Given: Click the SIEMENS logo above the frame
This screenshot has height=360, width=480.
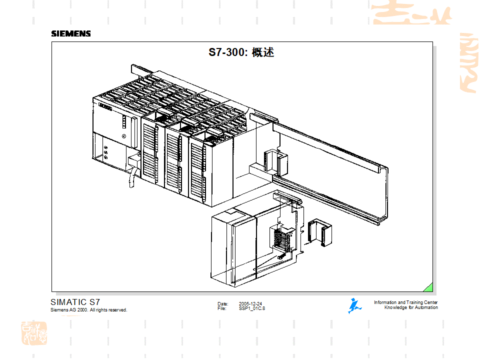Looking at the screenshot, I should pos(71,33).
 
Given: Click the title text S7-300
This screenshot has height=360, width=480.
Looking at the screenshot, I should pos(228,52).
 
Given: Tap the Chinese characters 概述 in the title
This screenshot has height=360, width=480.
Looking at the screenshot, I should pos(263,52).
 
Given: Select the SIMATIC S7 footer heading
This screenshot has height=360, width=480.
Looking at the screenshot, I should pos(75,302).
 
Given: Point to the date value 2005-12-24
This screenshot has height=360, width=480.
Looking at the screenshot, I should pos(250,303).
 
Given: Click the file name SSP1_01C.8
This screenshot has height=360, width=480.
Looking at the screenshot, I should pos(252,308).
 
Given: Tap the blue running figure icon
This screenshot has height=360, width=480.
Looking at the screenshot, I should pos(354,305).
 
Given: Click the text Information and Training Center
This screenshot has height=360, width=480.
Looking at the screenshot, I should pos(405,302).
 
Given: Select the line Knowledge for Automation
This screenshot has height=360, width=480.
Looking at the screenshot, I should pos(410,307).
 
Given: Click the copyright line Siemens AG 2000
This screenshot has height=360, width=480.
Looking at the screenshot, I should pos(89,310).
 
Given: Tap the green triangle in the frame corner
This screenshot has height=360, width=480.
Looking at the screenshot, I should pos(428,287).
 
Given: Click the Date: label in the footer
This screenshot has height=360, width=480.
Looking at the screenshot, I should pos(222,303).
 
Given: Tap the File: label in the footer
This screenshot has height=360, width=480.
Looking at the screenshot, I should pos(222,308).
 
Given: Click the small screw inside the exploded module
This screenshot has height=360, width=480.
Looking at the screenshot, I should pos(281,256).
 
